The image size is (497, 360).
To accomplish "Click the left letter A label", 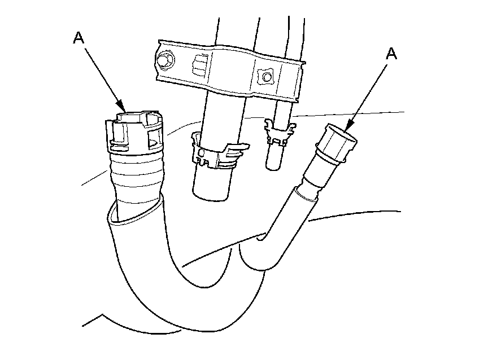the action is pyautogui.click(x=79, y=38).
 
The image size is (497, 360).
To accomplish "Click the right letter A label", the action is pyautogui.click(x=391, y=54).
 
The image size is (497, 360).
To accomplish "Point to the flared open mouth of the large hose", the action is pyautogui.click(x=136, y=209).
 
